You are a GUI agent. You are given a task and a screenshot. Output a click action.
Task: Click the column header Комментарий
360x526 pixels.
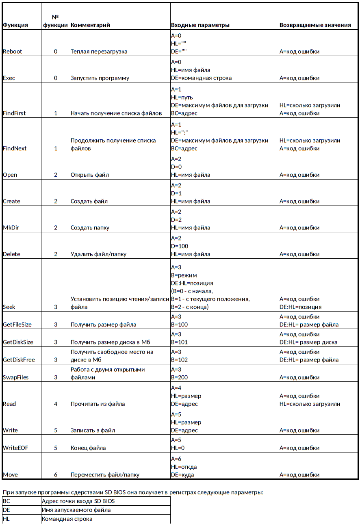(90, 25)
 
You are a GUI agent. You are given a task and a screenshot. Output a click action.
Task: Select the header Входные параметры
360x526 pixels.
(200, 25)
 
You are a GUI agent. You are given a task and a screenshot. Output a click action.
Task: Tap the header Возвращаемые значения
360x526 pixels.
(315, 25)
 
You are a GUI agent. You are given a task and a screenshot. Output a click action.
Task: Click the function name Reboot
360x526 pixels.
(13, 52)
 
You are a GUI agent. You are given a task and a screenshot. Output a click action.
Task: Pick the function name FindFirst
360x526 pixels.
(14, 113)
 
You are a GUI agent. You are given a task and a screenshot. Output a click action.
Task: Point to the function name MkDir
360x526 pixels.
(11, 228)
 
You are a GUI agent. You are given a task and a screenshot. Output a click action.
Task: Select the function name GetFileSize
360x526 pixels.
(17, 325)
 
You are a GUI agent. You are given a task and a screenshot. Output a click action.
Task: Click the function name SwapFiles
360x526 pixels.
(15, 377)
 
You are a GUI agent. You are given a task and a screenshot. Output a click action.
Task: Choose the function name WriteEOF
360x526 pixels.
(15, 448)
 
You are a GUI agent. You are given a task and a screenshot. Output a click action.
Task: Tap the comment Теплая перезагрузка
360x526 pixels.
(99, 52)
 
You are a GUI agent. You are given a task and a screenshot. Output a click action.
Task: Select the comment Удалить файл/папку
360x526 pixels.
(98, 254)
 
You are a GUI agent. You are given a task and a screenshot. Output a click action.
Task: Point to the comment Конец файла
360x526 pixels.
(88, 448)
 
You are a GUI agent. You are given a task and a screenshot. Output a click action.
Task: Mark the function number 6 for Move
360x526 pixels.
(56, 474)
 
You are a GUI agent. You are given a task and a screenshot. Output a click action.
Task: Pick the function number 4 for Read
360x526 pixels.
(56, 404)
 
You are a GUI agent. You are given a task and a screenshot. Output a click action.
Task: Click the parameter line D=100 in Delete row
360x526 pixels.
(180, 246)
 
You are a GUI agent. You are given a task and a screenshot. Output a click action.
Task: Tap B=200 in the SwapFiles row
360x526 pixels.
(179, 377)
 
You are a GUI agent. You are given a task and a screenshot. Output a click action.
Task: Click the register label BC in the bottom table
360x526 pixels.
(7, 501)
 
